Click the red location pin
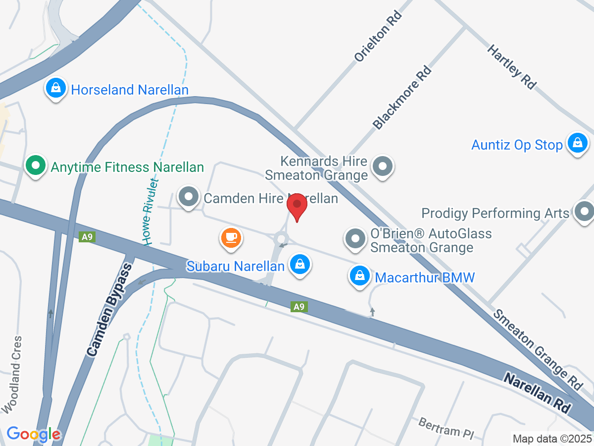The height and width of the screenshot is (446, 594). [297, 206]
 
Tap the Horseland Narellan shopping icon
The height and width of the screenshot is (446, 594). [56, 88]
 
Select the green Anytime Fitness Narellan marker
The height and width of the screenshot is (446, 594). [35, 166]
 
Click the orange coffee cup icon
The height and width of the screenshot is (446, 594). [231, 237]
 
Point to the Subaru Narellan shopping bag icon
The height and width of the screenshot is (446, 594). [300, 264]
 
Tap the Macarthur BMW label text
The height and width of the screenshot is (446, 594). [425, 277]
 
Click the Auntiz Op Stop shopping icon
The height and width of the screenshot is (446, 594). [577, 143]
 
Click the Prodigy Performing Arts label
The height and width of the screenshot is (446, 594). [495, 213]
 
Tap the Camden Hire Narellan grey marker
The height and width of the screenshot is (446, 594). [188, 197]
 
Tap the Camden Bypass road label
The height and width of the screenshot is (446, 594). [109, 310]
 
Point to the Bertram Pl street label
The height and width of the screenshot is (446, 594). [446, 429]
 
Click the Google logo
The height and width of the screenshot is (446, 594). [34, 435]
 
